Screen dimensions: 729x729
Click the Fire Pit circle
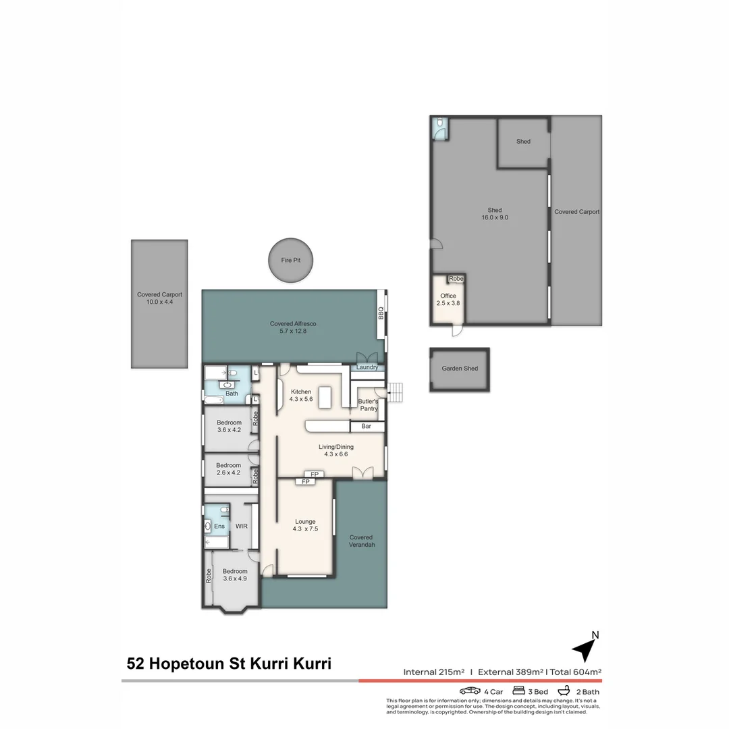tap(291, 260)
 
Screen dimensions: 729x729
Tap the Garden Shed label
tap(460, 369)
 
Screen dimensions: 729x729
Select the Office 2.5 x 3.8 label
tap(448, 300)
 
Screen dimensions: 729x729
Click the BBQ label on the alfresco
tap(381, 314)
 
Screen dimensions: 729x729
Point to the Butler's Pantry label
tap(368, 405)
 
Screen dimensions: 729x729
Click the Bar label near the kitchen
tap(367, 427)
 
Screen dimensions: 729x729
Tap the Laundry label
tap(367, 367)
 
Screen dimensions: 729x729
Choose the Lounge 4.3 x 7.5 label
tap(305, 525)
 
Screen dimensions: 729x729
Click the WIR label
tap(242, 526)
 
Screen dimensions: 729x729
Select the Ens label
tap(219, 526)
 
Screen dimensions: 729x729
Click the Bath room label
tap(232, 394)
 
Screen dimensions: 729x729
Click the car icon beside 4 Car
tap(470, 691)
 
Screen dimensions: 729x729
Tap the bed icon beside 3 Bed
tap(520, 691)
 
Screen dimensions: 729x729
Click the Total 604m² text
tap(575, 672)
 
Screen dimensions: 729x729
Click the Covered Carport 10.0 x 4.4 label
tap(159, 298)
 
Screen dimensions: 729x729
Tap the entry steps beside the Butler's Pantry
tap(396, 392)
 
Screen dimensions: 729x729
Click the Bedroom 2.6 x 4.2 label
tap(228, 469)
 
